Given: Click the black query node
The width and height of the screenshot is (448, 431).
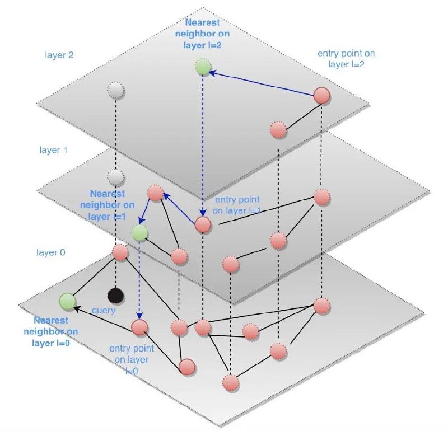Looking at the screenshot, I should tap(115, 294).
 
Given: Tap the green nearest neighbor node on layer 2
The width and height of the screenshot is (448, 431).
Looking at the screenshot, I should tap(203, 68).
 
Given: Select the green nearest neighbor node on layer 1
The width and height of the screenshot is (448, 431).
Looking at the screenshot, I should tap(139, 232).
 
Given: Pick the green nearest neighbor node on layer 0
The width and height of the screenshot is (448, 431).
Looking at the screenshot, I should tap(67, 301).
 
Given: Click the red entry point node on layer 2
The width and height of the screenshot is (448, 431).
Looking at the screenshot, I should tap(321, 96).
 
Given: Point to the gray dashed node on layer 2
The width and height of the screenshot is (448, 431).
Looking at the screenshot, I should tap(115, 90).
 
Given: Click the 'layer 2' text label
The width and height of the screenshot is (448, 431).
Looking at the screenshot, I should tap(59, 55).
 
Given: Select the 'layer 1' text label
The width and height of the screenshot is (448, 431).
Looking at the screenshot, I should tap(53, 151).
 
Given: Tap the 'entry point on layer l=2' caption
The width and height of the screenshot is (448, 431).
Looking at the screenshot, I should tap(346, 58).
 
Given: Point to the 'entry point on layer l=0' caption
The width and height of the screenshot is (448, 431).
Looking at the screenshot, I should tap(132, 358).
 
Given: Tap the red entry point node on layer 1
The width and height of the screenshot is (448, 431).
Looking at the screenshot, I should tap(203, 224).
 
